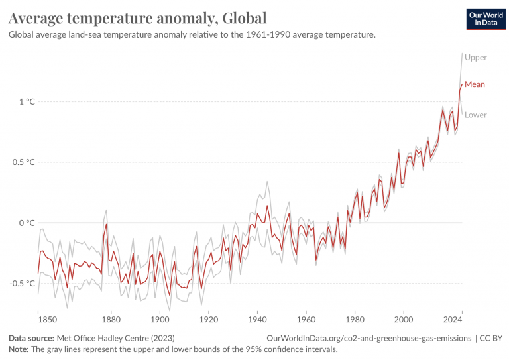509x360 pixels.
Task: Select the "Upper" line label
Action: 476,58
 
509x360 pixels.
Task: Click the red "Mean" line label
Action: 475,84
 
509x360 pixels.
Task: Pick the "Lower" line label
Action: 476,115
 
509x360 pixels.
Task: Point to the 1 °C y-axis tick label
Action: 27,101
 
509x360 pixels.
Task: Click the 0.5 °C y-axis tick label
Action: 23,162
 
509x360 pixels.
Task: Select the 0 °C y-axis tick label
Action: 27,223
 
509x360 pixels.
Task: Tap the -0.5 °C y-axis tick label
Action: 21,284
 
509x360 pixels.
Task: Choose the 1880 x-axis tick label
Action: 111,319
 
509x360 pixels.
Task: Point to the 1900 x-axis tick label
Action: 160,319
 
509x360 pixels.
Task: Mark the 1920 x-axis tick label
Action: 208,319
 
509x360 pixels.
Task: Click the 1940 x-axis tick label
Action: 257,319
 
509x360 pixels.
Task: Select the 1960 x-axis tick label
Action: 306,319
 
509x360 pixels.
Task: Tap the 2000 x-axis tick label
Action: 403,319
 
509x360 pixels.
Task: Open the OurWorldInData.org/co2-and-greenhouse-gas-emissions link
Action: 368,338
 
